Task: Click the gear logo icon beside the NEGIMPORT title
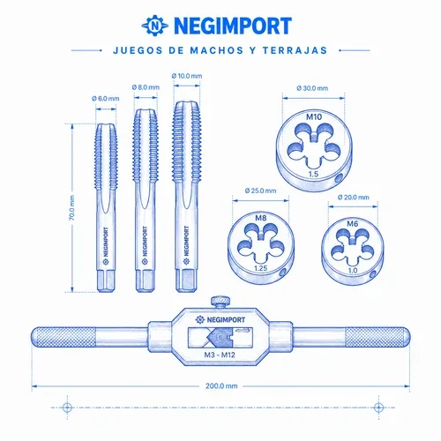tap(155, 26)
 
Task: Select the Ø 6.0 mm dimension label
tap(106, 99)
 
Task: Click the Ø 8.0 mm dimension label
tap(146, 87)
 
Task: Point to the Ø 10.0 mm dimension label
tap(187, 76)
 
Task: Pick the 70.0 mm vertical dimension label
tap(72, 207)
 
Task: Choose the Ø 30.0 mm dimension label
tap(312, 88)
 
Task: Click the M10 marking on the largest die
tap(314, 117)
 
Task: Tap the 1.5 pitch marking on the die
tap(313, 174)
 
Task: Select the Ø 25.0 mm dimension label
tap(260, 191)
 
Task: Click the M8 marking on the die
tap(261, 218)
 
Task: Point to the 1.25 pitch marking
tap(260, 268)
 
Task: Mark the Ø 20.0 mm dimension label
tap(353, 197)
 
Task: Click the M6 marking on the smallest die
tap(353, 224)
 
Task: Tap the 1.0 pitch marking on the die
tap(353, 270)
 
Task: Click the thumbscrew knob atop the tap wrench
tap(220, 303)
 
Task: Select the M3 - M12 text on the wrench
tap(220, 355)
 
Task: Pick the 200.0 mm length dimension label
tap(221, 385)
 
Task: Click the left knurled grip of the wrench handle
tap(64, 337)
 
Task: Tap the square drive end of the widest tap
tap(186, 280)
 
